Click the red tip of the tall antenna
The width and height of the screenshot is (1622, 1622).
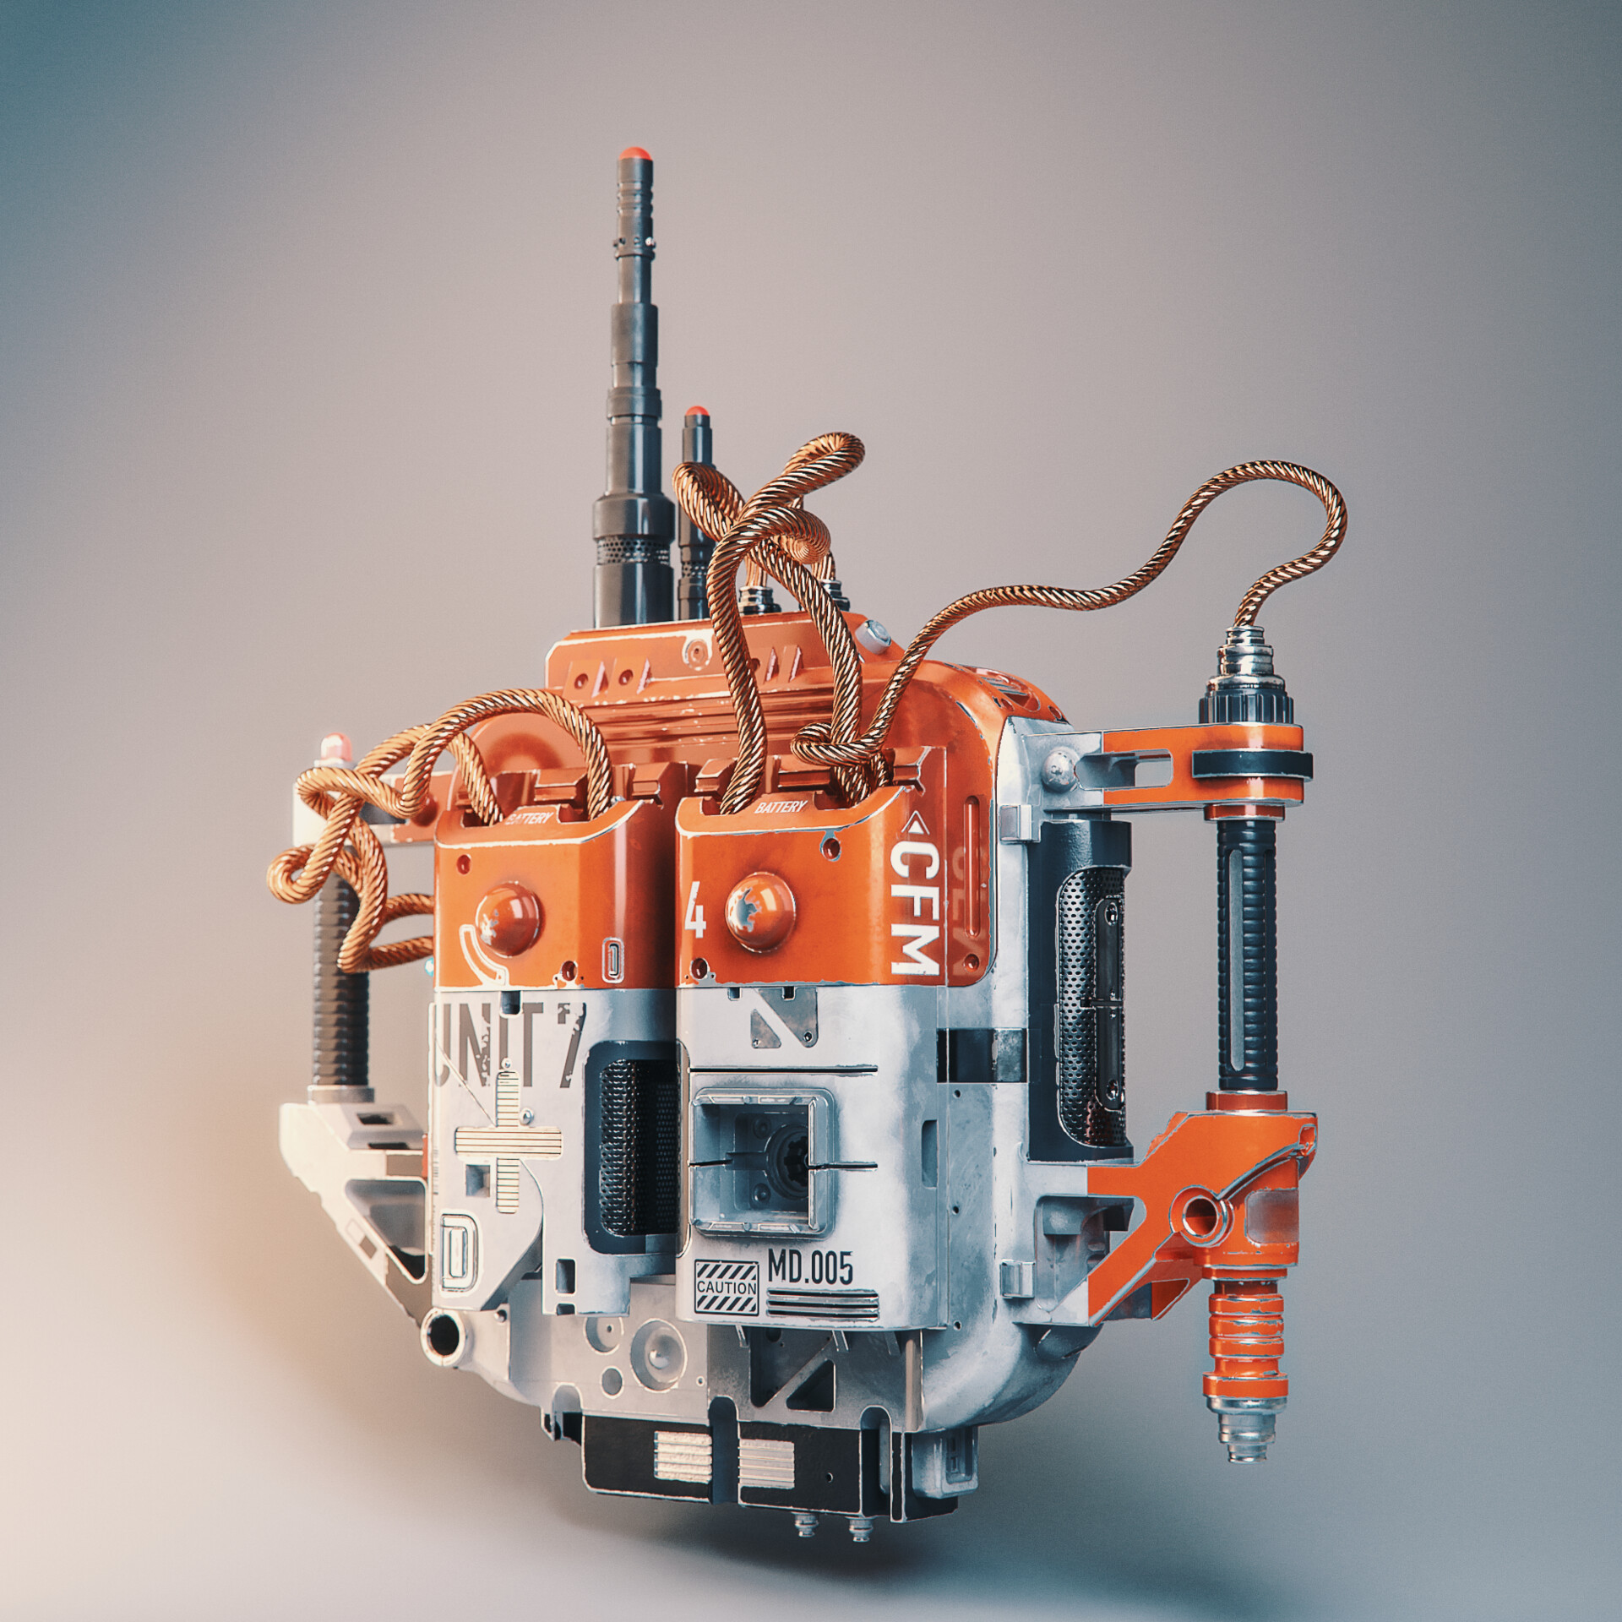634,156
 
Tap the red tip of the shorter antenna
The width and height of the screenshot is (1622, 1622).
696,414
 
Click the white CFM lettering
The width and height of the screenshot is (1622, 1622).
915,911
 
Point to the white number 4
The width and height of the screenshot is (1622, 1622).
698,919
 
